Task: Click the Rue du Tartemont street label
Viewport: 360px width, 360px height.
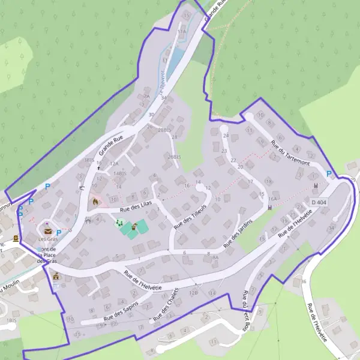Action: click(290, 153)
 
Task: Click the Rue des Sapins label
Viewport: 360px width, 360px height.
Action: click(121, 310)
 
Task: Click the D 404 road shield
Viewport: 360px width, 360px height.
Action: click(319, 202)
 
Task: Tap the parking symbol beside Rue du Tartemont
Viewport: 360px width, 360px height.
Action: click(328, 174)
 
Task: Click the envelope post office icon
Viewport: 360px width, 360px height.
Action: click(48, 231)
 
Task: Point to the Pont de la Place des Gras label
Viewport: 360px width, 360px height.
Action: click(46, 255)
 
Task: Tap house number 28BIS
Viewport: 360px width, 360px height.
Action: click(165, 130)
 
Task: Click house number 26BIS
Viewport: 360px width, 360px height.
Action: click(174, 157)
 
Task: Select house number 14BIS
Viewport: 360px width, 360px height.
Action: click(120, 173)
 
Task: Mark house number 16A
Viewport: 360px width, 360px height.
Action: click(272, 199)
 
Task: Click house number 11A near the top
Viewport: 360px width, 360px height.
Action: click(182, 31)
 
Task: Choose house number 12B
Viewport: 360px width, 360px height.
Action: click(193, 292)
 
